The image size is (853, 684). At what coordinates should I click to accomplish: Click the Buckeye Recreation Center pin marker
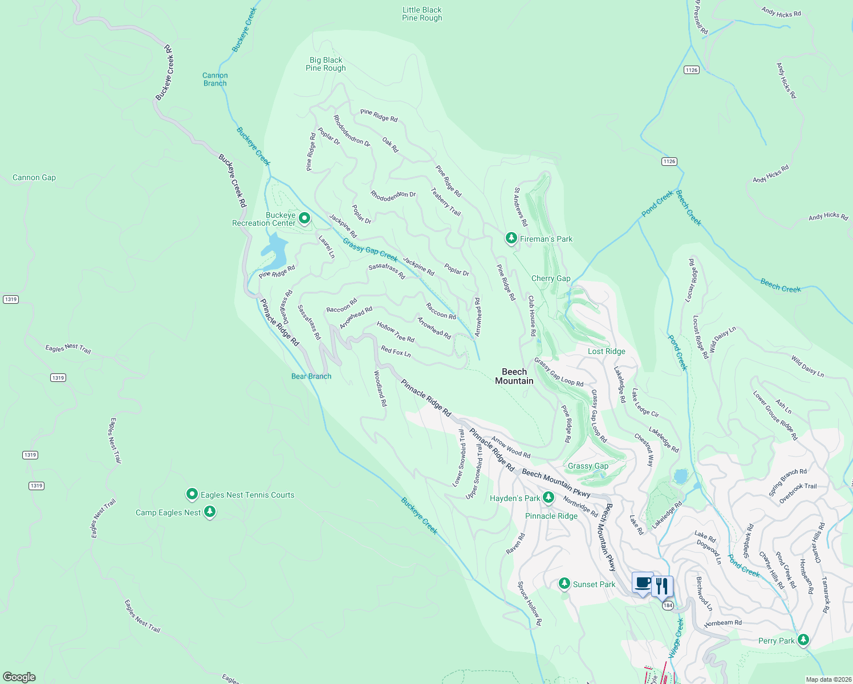coord(304,218)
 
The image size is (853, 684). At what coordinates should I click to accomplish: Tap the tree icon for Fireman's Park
coord(511,238)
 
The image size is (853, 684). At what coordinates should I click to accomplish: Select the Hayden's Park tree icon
coord(548,498)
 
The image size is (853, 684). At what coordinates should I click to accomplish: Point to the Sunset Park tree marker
coord(564,584)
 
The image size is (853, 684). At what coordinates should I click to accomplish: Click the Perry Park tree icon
coord(803,640)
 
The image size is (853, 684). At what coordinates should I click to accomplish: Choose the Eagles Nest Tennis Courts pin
coord(192,494)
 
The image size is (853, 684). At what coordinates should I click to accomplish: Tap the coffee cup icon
coord(643,584)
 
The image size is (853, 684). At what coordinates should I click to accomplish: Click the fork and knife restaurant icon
coord(662,587)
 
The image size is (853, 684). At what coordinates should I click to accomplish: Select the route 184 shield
coord(668,605)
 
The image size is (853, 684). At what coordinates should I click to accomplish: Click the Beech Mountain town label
coord(514,376)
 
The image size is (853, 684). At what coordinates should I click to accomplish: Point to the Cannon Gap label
coord(34,177)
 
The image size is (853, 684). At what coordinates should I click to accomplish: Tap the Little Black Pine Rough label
coord(422,14)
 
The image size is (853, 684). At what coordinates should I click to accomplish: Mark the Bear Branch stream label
coord(311,376)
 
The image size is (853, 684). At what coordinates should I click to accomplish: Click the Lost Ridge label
coord(606,351)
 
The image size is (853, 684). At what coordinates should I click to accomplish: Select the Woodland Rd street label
coord(380,388)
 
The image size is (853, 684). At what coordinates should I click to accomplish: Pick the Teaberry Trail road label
coord(445,202)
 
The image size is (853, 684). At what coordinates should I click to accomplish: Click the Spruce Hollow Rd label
coord(530,603)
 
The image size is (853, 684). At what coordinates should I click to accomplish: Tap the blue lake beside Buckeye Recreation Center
coord(274,251)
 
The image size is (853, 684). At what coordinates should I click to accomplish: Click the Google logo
coord(19,677)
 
